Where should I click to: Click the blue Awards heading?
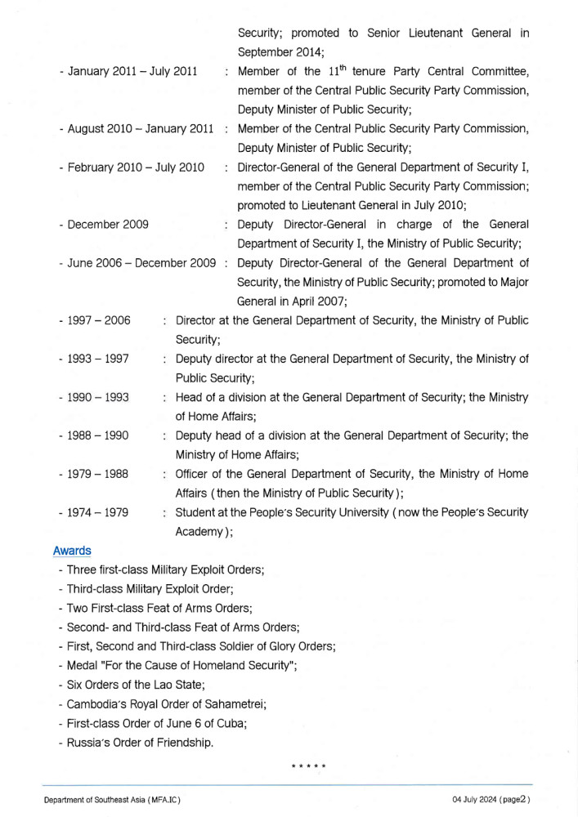72,551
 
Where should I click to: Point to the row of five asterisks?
309,766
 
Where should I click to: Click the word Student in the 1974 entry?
196,512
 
